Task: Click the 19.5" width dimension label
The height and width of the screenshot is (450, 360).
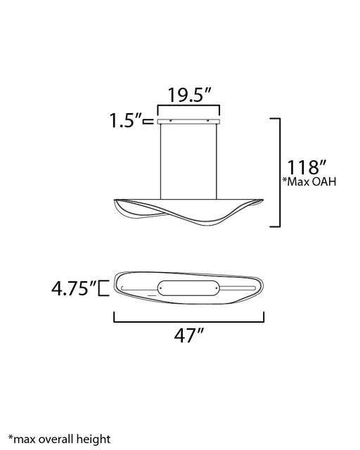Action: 189,94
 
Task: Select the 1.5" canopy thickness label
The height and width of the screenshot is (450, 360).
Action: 126,120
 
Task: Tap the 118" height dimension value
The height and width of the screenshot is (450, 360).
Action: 307,167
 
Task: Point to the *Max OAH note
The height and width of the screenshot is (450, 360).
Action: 309,181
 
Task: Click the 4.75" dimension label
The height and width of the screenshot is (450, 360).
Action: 75,288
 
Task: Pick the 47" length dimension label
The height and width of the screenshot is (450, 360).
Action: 189,335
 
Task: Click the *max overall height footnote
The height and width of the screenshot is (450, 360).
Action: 60,439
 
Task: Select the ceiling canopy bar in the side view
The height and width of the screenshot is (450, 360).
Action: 188,122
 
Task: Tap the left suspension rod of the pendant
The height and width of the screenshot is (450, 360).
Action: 160,162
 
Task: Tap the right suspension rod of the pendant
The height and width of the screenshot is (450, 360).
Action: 217,162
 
